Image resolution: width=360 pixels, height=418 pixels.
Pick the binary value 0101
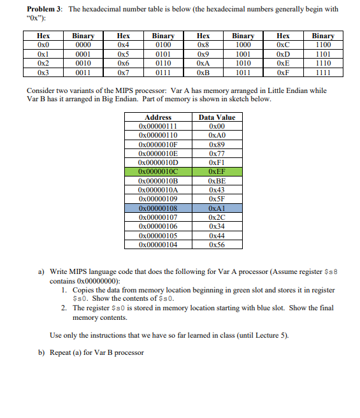pyautogui.click(x=164, y=55)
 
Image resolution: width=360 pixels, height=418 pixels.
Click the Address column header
pyautogui.click(x=158, y=117)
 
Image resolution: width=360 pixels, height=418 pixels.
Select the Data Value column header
pyautogui.click(x=217, y=117)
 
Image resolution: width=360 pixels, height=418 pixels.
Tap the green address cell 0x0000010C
pyautogui.click(x=158, y=171)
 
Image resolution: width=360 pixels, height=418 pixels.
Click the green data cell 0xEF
pyautogui.click(x=217, y=171)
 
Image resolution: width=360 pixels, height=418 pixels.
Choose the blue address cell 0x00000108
pyautogui.click(x=158, y=208)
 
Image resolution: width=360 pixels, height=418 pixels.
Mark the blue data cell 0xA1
pyautogui.click(x=217, y=208)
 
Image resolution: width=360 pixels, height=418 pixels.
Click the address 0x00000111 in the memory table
pyautogui.click(x=158, y=126)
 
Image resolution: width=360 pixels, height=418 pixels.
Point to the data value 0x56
pyautogui.click(x=217, y=244)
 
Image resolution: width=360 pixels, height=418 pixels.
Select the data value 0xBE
pyautogui.click(x=217, y=181)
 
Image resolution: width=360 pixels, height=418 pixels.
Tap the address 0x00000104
pyautogui.click(x=158, y=244)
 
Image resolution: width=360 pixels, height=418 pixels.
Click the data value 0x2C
pyautogui.click(x=217, y=217)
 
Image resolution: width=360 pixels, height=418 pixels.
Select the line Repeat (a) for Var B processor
pyautogui.click(x=96, y=352)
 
